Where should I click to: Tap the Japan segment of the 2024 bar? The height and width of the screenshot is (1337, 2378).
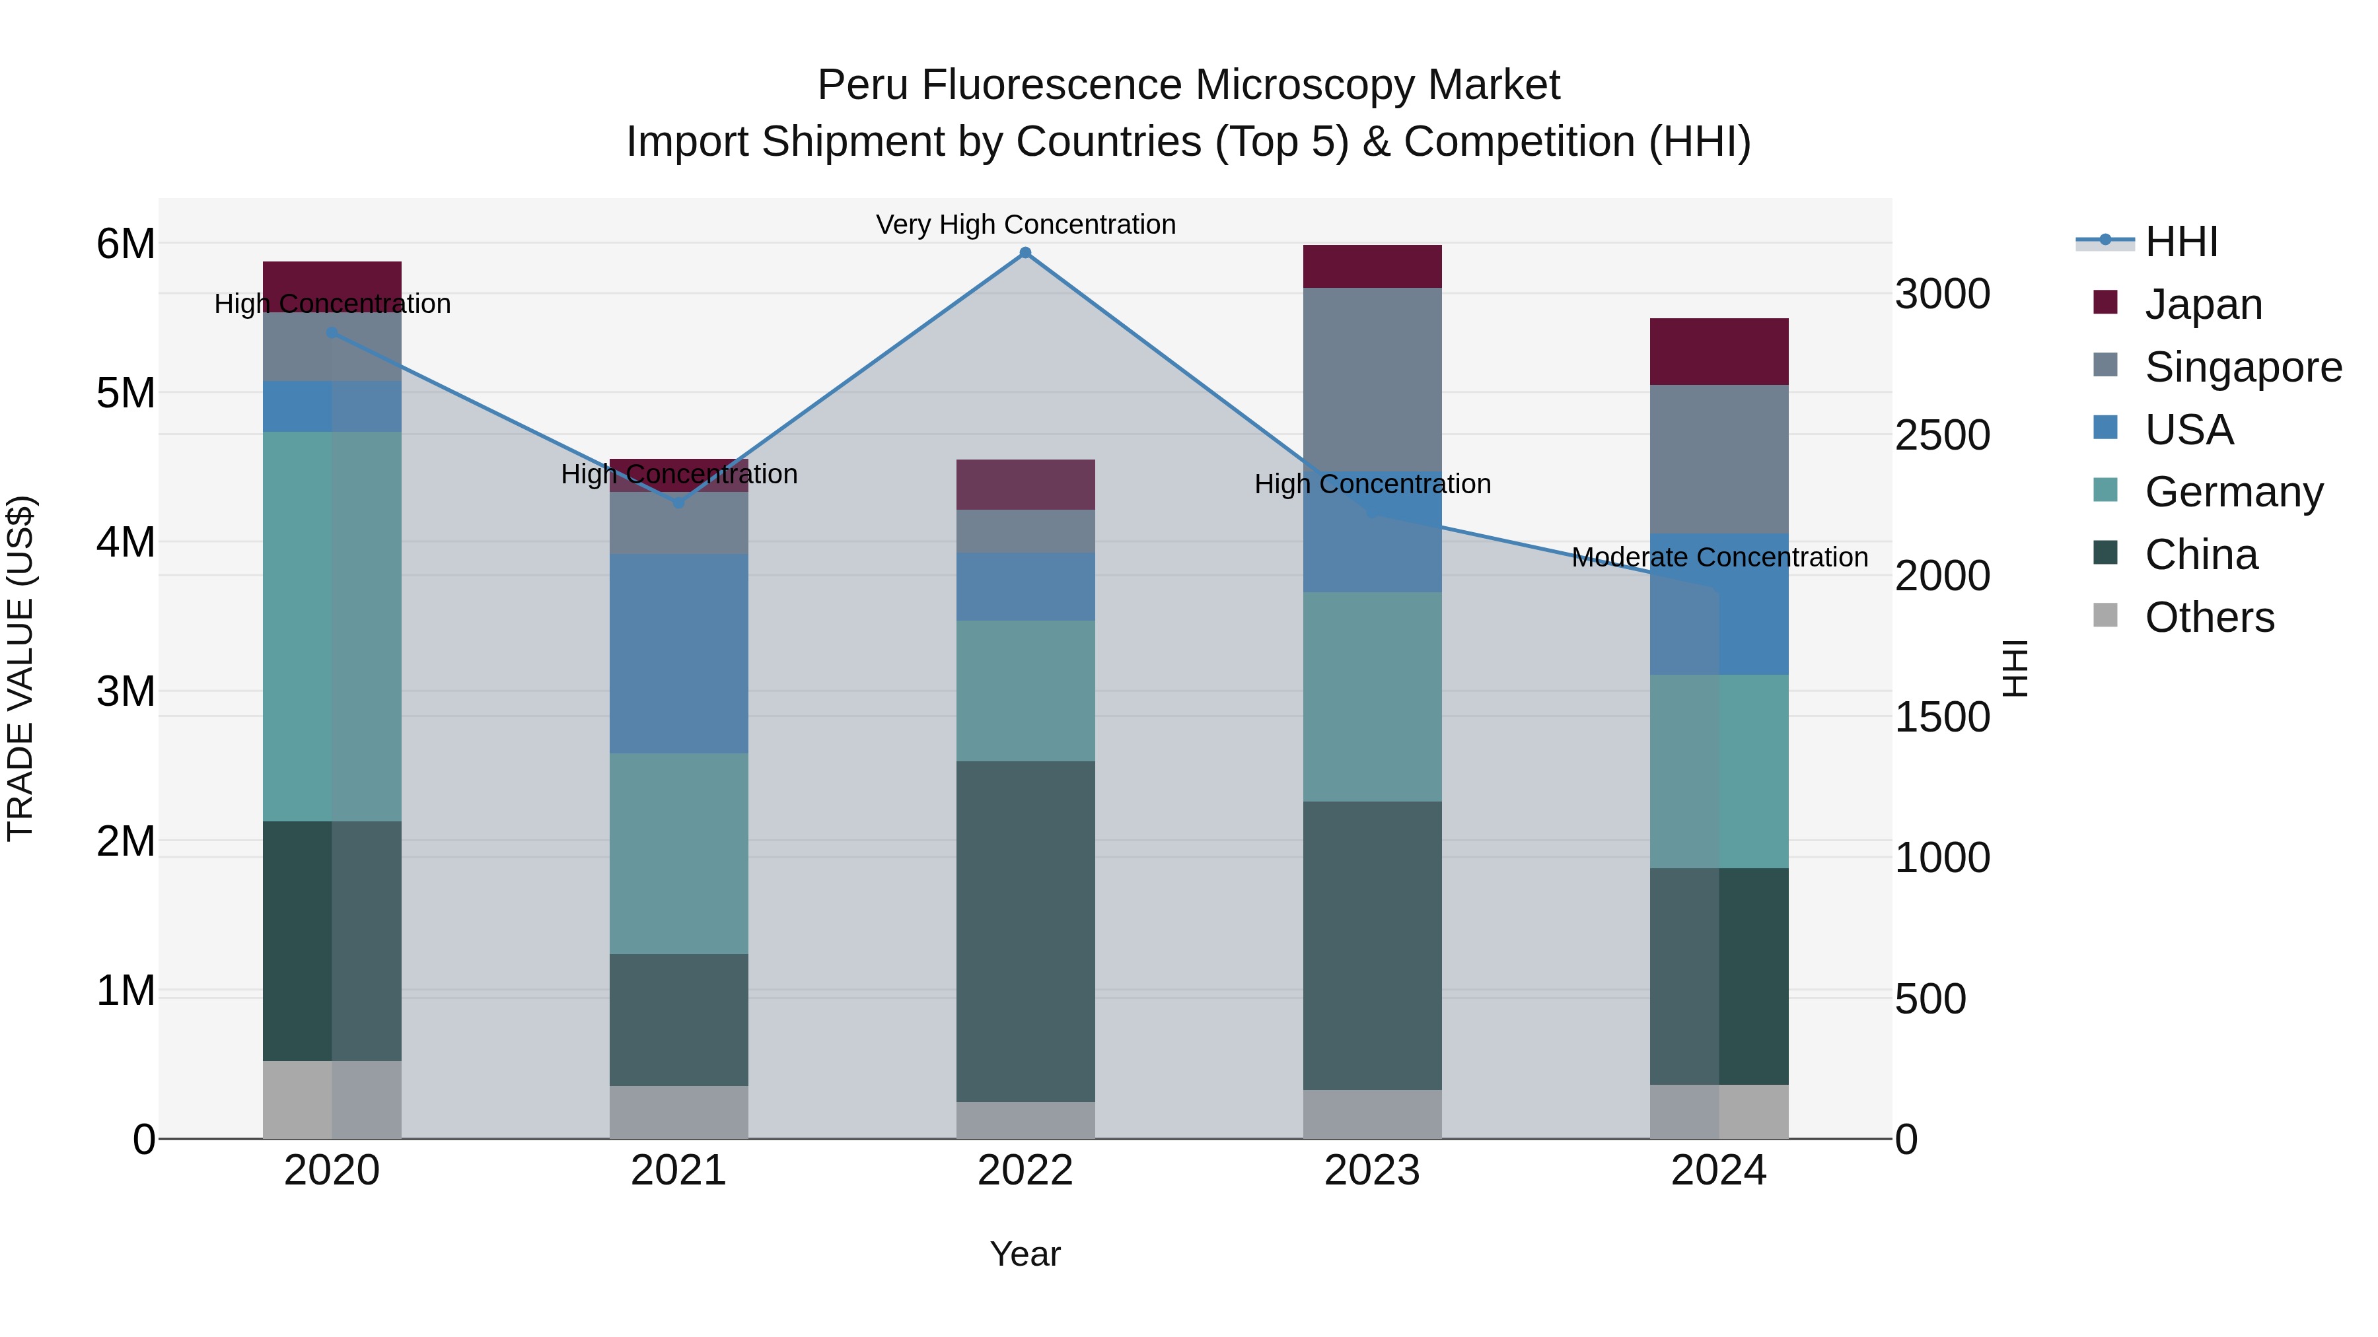[x=1719, y=351]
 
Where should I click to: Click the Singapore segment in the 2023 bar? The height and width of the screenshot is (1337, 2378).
[x=1372, y=379]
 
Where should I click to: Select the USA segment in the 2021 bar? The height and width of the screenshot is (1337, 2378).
[x=678, y=653]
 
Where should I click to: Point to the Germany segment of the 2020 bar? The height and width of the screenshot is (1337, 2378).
[x=332, y=627]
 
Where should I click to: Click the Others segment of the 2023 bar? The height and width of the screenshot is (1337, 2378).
[x=1372, y=1114]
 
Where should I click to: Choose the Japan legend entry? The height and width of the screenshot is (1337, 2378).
[x=2202, y=304]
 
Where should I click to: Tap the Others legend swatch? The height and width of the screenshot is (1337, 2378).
[x=2106, y=615]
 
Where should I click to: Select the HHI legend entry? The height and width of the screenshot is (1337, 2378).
[x=2180, y=242]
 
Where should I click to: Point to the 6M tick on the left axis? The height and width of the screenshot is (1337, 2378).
[x=126, y=244]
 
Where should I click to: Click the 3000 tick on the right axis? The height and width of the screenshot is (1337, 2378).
[x=1942, y=294]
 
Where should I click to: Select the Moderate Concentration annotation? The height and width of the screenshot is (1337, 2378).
[x=1719, y=557]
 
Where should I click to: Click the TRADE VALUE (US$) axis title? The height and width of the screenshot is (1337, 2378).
[x=20, y=668]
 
